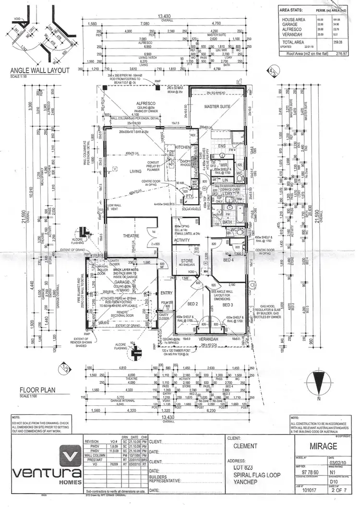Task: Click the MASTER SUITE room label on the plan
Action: coord(218,106)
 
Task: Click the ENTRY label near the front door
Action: coord(166,293)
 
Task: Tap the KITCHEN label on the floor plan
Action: coord(182,147)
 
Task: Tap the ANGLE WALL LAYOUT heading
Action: coord(40,71)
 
